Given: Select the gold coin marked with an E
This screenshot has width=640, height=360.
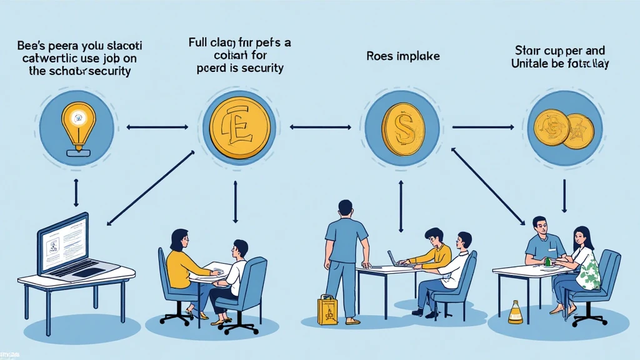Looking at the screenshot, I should click(241, 127).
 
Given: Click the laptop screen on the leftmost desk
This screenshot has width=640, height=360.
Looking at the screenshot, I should click(63, 242).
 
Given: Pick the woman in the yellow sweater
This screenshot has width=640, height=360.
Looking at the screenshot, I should click(181, 262).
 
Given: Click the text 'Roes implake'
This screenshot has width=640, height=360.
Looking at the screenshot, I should click(402, 56).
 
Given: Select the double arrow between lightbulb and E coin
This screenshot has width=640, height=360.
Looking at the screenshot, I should click(157, 127).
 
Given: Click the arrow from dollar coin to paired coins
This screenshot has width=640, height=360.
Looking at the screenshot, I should click(482, 127).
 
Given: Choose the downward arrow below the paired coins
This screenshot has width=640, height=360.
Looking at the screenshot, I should click(564, 196).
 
